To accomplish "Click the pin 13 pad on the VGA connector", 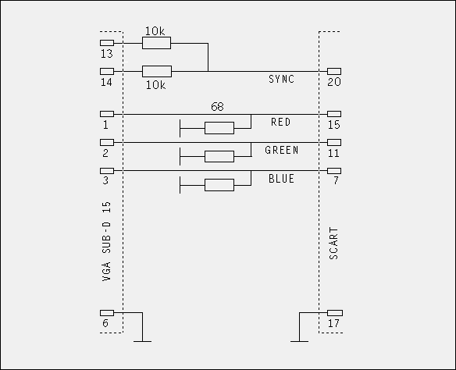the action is click(x=107, y=43).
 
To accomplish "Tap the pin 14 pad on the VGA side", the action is click(x=107, y=71).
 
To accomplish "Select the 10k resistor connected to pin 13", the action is click(x=156, y=43).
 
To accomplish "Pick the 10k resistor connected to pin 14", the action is click(x=157, y=72).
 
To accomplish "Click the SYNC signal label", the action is click(x=281, y=79).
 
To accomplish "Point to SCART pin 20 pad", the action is click(x=334, y=71).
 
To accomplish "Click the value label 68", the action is click(x=217, y=107).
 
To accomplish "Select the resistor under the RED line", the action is click(x=219, y=128).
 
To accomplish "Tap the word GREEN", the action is click(x=282, y=151).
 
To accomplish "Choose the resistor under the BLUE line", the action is click(x=219, y=185).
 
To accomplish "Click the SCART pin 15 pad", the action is click(x=334, y=114).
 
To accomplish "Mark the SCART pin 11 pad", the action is click(x=334, y=142).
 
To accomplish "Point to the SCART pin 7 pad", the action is click(x=334, y=171).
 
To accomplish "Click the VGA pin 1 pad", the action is click(x=107, y=114).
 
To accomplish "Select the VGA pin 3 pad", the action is click(x=107, y=171).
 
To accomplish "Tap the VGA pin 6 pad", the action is click(x=107, y=313).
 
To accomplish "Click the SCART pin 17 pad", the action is click(x=335, y=313).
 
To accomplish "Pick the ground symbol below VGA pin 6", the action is click(x=142, y=341).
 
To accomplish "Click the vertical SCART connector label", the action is click(x=334, y=244).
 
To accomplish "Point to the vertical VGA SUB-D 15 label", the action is click(x=107, y=241).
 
